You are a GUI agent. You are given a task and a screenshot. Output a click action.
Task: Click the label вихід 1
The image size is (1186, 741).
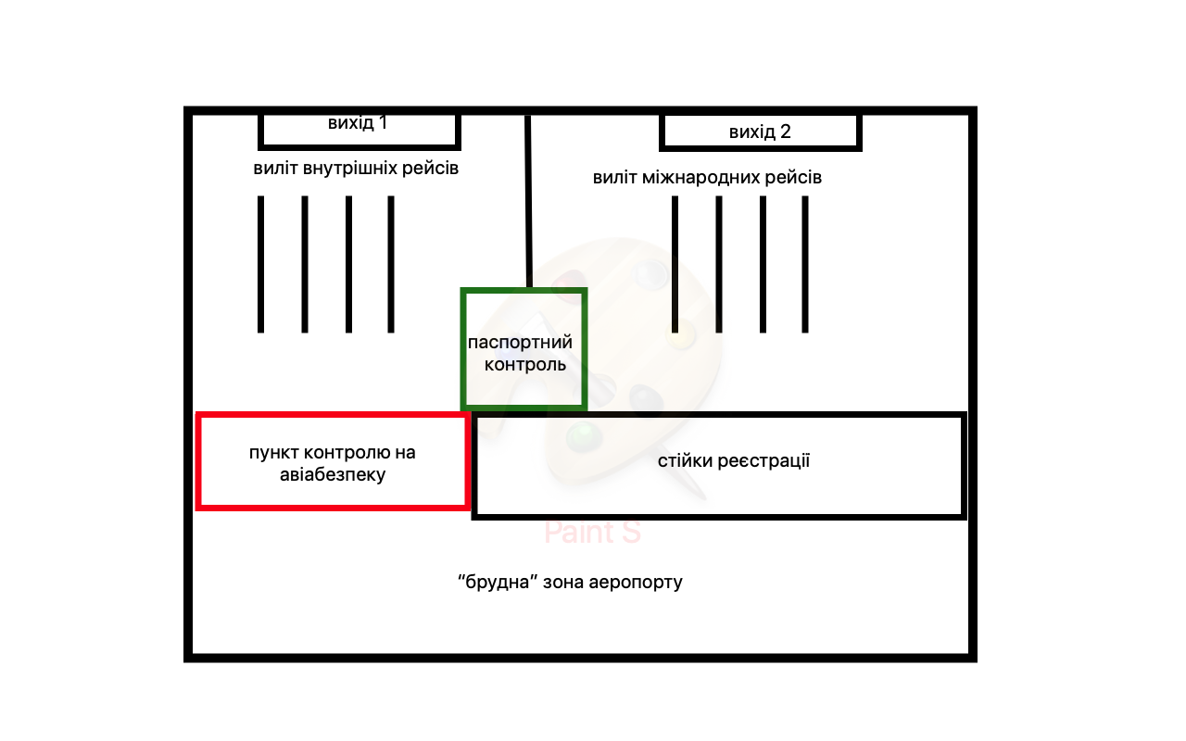point(358,123)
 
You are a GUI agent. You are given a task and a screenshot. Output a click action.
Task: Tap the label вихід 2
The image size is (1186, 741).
point(760,132)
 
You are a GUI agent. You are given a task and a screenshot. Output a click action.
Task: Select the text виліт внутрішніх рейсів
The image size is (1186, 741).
point(356,169)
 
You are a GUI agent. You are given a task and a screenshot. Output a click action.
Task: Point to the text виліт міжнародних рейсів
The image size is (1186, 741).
point(707,177)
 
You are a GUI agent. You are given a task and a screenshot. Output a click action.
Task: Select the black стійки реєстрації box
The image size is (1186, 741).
point(720,465)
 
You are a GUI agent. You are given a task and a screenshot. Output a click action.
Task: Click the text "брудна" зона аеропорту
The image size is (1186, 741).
point(570,583)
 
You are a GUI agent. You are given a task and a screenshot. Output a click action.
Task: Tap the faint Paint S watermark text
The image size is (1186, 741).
point(592,533)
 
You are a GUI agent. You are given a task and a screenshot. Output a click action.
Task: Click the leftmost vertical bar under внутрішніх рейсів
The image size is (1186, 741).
point(261,264)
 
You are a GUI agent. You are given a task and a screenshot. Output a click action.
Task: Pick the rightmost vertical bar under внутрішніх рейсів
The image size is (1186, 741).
point(391,264)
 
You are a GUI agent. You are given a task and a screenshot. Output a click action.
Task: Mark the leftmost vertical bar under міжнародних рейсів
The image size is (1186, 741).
point(675,264)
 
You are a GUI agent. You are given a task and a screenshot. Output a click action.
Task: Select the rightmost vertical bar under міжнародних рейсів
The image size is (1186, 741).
point(805,264)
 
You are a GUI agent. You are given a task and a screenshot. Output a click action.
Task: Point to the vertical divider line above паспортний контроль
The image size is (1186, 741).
point(528,199)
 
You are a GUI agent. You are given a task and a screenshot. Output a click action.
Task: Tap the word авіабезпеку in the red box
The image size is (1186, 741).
point(332,475)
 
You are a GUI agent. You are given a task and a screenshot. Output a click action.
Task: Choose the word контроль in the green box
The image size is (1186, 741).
point(524,364)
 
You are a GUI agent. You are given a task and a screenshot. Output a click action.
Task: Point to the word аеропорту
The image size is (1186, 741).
point(639,583)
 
